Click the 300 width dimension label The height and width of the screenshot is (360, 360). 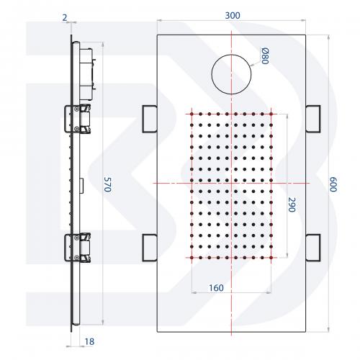click(x=233, y=16)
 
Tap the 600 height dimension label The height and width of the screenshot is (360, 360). click(x=333, y=184)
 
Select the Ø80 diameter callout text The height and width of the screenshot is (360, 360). click(x=265, y=56)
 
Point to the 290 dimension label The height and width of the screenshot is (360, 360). click(x=292, y=204)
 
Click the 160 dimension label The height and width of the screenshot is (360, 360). click(x=216, y=288)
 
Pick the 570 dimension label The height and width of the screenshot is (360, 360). click(x=108, y=184)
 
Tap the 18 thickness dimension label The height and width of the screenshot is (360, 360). click(x=89, y=341)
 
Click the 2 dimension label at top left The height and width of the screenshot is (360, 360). click(x=65, y=17)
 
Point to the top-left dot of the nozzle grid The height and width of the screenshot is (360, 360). click(x=192, y=114)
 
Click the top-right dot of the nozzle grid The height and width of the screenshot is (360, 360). click(x=271, y=114)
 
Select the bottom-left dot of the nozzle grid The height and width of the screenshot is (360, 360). click(x=192, y=258)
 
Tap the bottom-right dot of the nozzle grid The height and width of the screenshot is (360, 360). click(x=271, y=258)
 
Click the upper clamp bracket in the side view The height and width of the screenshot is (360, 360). click(x=78, y=119)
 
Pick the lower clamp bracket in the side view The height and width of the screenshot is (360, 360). click(x=78, y=248)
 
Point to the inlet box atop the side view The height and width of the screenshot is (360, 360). click(x=86, y=74)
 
